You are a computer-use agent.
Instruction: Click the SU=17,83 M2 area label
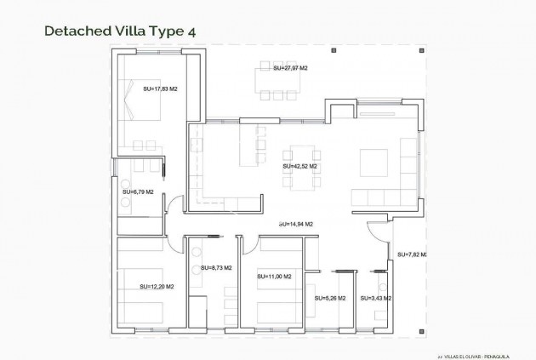(x=160, y=89)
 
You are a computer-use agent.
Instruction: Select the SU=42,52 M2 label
(x=299, y=167)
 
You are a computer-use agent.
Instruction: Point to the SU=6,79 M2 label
(x=137, y=192)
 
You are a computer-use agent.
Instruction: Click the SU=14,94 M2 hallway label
(x=295, y=224)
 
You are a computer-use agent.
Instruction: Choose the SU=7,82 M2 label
(x=412, y=254)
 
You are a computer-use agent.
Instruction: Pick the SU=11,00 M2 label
(x=274, y=277)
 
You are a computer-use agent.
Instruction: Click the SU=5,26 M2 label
(x=330, y=299)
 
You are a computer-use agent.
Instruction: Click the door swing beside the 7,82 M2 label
(x=378, y=231)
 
